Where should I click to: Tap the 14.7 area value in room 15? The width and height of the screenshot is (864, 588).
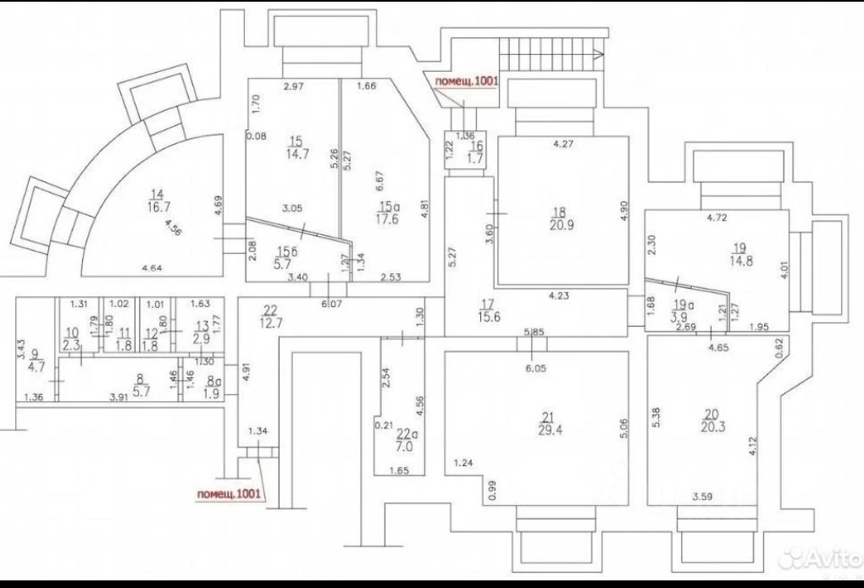tap(296, 155)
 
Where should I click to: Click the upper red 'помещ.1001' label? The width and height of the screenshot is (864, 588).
tap(467, 81)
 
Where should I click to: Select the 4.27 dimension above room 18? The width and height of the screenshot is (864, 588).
tap(563, 145)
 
